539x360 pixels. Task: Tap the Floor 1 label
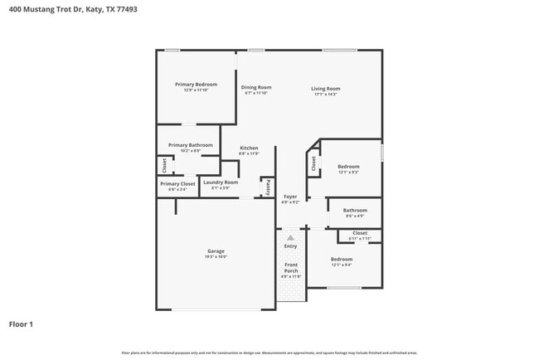(x=21, y=324)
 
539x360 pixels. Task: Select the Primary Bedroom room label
(x=196, y=85)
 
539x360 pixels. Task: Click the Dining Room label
(x=256, y=87)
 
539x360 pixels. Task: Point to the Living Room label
(x=326, y=88)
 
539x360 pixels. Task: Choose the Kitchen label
(x=249, y=148)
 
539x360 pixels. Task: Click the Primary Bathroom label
(x=190, y=145)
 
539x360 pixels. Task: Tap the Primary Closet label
(x=177, y=184)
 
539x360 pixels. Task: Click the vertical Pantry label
(x=268, y=187)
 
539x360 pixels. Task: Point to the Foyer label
(x=290, y=197)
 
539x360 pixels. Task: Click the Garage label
(x=216, y=251)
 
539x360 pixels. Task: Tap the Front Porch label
(x=290, y=268)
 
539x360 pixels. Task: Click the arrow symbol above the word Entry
(x=290, y=237)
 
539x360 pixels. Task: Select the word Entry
(x=290, y=246)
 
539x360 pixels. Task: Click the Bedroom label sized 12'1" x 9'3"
(x=348, y=167)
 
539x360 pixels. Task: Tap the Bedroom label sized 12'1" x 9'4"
(x=342, y=260)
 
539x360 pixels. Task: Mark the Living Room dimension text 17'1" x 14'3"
(x=326, y=94)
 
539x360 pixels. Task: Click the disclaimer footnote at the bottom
(x=269, y=353)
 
